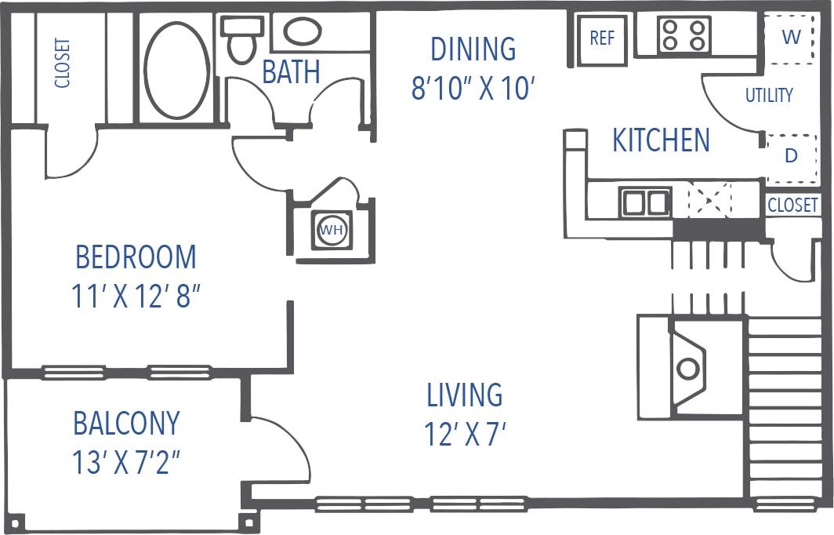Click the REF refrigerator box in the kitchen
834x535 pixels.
point(602,39)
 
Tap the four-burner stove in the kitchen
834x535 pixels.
point(684,35)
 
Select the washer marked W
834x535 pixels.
point(790,38)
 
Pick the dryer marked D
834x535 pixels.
point(790,156)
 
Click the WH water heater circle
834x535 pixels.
point(331,231)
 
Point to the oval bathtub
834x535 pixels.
point(177,70)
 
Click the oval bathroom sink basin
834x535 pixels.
point(302,32)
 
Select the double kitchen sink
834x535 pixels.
point(646,202)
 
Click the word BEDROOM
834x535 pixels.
point(136,257)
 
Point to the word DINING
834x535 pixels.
point(473,49)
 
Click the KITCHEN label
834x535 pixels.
point(661,141)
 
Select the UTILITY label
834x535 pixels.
point(769,96)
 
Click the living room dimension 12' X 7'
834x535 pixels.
point(466,433)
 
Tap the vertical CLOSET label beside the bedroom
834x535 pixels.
point(63,63)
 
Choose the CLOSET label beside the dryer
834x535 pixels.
point(792,206)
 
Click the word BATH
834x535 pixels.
point(291,72)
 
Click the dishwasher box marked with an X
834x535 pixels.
point(709,201)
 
